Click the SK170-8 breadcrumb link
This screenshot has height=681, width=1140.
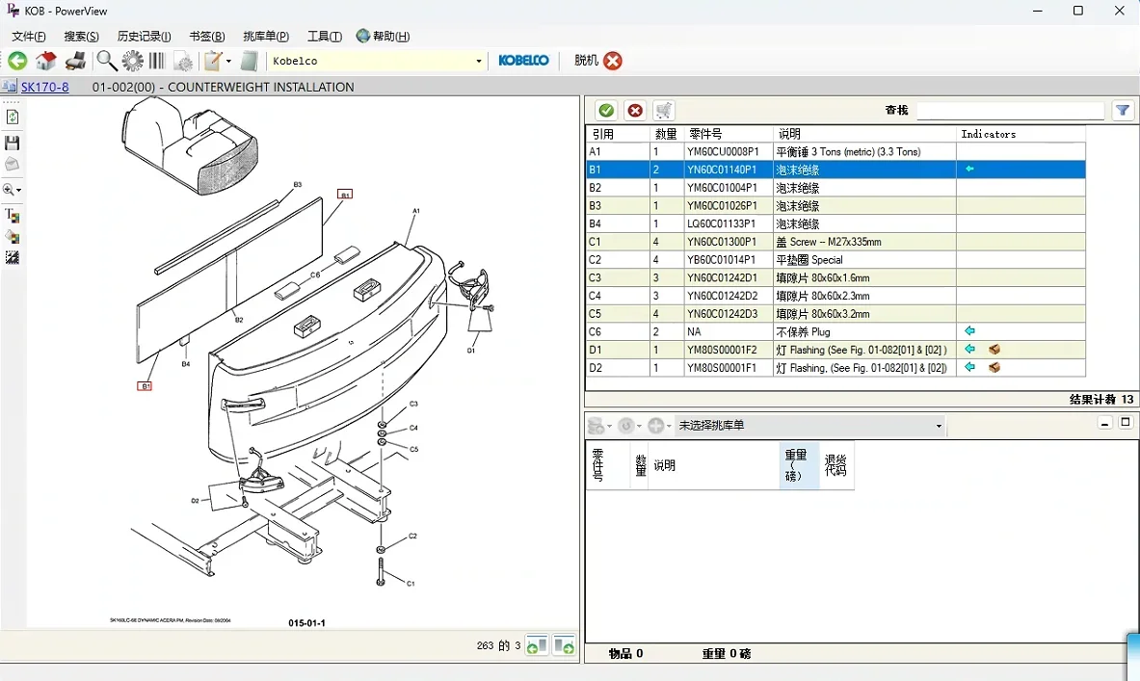44,87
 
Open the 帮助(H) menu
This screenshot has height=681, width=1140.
383,37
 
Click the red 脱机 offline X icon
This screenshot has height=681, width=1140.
613,61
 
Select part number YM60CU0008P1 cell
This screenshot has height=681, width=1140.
723,152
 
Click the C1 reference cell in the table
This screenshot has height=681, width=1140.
596,242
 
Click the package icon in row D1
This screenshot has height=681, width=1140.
994,350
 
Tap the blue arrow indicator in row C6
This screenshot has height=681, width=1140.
969,331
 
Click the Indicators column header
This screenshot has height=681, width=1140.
988,134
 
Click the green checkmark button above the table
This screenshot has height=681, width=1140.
606,111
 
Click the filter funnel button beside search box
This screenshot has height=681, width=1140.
1123,111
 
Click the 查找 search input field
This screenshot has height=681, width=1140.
1009,111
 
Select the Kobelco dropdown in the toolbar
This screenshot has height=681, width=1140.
377,62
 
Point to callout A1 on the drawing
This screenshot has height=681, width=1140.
416,210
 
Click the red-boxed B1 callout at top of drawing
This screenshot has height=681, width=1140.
344,194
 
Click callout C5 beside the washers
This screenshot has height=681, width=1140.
413,449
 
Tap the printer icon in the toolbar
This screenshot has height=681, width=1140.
75,62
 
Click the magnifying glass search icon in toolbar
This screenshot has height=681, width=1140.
106,62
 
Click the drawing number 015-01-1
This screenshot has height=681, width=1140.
306,623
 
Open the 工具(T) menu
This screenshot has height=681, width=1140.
324,37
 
